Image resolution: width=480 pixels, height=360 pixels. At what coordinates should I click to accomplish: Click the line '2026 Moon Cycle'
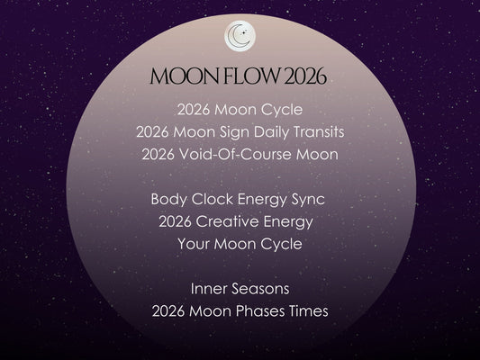tap(240, 111)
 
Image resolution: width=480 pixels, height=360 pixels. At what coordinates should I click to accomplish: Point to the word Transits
tap(312, 132)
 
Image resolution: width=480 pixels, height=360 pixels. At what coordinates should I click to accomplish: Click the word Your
tap(195, 243)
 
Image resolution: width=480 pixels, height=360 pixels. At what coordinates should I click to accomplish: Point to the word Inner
tap(208, 288)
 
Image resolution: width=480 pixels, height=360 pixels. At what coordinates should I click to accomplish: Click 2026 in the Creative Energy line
tap(176, 220)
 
